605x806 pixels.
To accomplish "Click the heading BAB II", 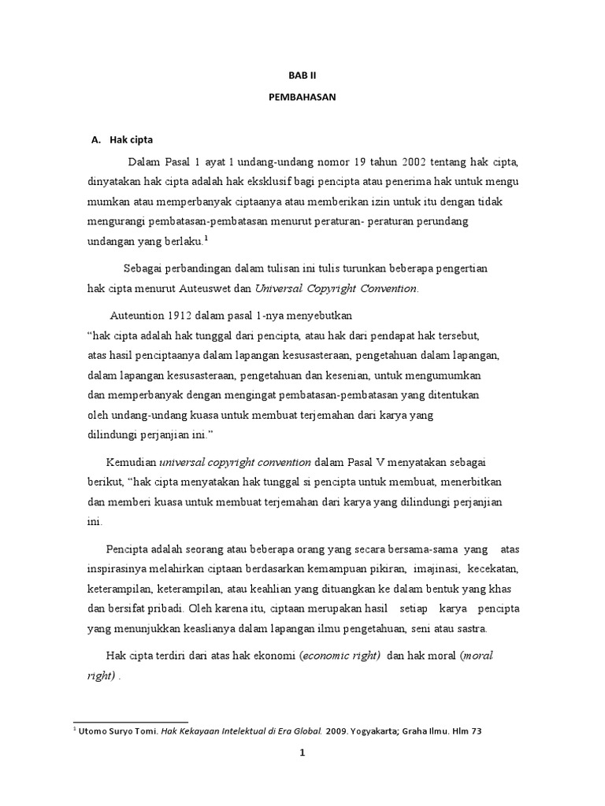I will [302, 76].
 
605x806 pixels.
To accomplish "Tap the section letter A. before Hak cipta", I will [97, 139].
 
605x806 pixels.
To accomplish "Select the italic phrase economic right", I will [340, 655].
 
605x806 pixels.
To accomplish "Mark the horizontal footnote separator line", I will [131, 721].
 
